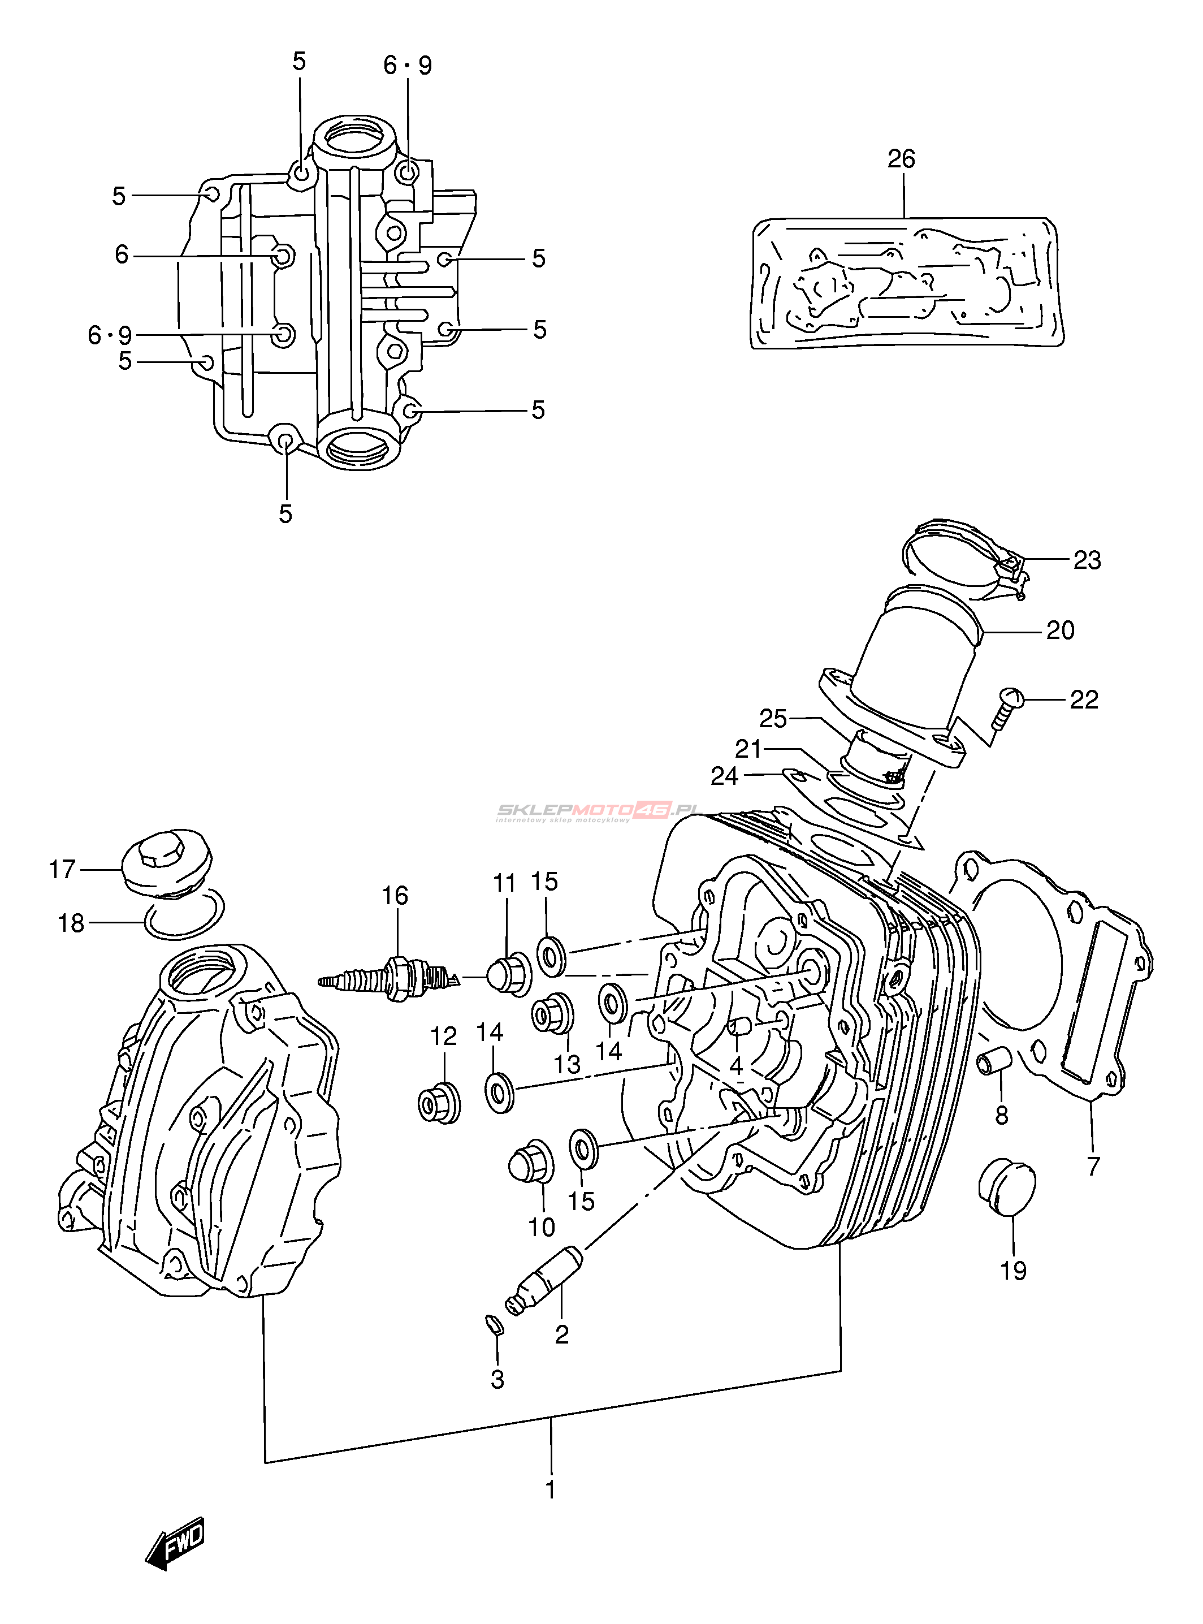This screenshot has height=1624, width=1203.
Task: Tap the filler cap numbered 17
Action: (167, 862)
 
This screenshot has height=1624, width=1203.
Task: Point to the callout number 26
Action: (901, 159)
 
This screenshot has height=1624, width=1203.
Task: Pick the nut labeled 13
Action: (552, 1014)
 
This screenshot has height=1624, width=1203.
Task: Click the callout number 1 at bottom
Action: (551, 1488)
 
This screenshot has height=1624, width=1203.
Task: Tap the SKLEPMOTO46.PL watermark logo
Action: (597, 810)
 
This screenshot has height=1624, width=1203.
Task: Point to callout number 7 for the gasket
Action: (1093, 1166)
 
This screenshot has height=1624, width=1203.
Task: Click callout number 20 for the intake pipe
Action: (1061, 630)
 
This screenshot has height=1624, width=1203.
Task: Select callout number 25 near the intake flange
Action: (773, 719)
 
